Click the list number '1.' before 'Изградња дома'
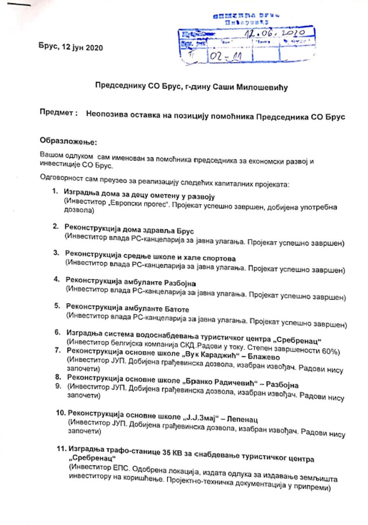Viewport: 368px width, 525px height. [55, 192]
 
